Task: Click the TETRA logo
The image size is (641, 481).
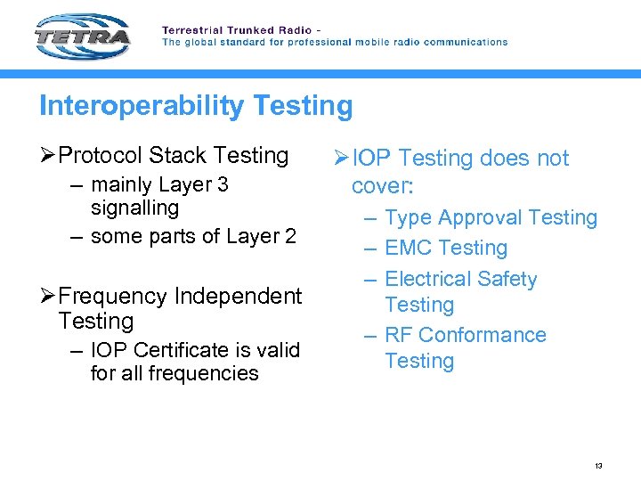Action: (x=83, y=37)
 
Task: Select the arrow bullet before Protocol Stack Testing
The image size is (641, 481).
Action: (x=48, y=156)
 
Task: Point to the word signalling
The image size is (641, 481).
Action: (x=134, y=208)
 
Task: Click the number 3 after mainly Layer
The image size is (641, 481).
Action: (x=223, y=184)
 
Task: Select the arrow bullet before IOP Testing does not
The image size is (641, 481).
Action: (x=342, y=159)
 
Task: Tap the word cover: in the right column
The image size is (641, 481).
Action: (x=383, y=185)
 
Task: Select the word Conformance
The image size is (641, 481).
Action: (x=483, y=335)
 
